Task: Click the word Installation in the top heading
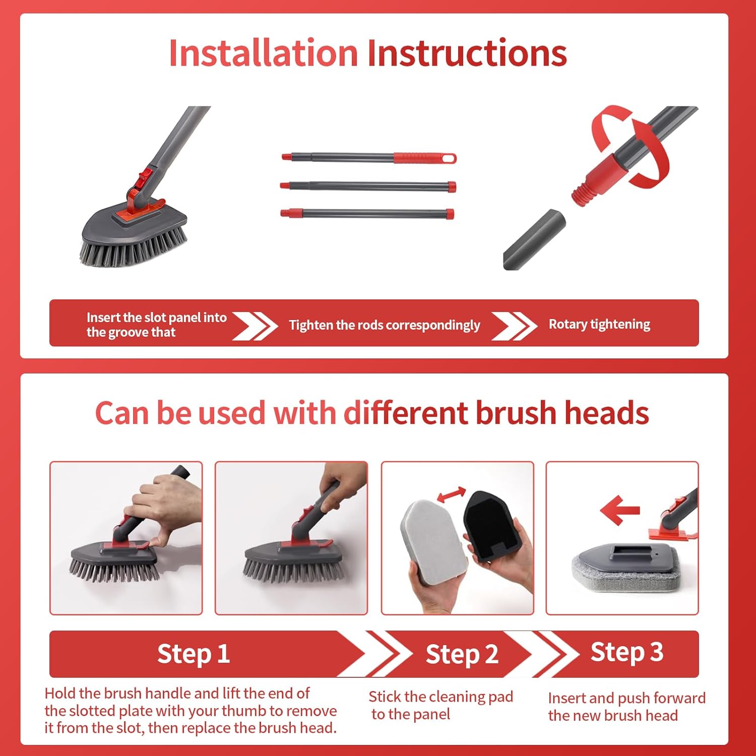click(x=263, y=53)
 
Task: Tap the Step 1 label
click(x=194, y=654)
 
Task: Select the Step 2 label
click(x=462, y=654)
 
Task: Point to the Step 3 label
click(x=626, y=652)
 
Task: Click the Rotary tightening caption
click(x=599, y=324)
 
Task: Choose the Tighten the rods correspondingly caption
click(x=384, y=325)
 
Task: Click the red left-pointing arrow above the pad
click(x=619, y=510)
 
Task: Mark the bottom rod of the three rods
click(x=367, y=213)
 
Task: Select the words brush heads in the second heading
click(x=562, y=413)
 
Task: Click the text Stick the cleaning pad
click(x=440, y=697)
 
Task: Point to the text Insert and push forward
click(x=626, y=698)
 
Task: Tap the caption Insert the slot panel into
click(x=156, y=318)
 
